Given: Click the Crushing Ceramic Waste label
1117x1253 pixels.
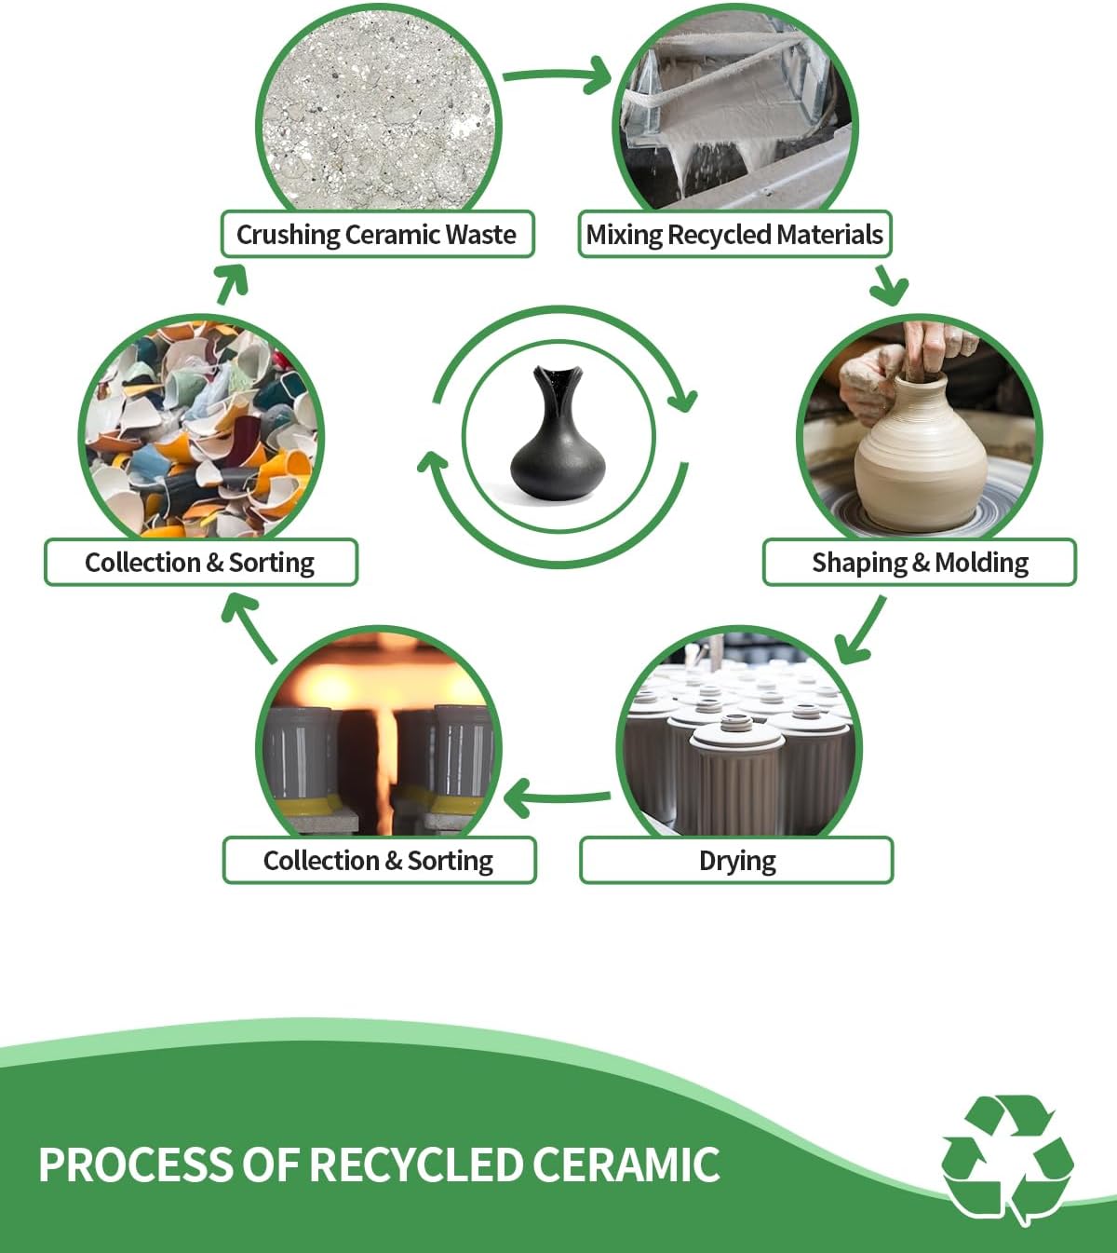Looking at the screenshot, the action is [377, 234].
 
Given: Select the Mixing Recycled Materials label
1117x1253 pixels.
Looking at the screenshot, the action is [734, 234].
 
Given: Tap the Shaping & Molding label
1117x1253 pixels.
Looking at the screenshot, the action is [920, 562].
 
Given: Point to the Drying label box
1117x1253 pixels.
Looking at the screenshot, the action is [736, 860].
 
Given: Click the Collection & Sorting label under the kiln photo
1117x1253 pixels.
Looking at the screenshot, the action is [379, 860].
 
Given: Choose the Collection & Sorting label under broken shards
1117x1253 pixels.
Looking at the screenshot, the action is [201, 562].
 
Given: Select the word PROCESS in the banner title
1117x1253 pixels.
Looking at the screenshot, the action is [136, 1165].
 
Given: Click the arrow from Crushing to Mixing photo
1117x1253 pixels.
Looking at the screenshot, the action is [558, 75].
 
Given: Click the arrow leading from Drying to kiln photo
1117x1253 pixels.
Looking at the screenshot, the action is [557, 797].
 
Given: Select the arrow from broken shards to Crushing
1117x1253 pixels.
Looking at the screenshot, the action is [233, 284].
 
